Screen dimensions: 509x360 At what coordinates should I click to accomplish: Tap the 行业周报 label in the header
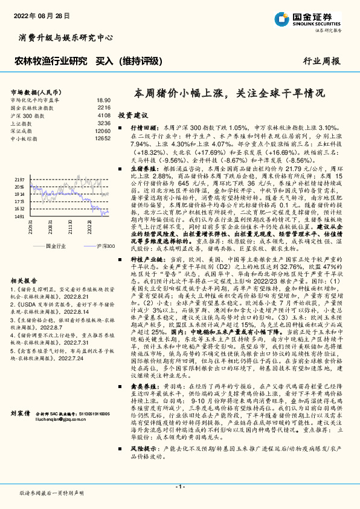coord(321,61)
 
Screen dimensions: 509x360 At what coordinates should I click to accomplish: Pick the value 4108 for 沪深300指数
coord(104,115)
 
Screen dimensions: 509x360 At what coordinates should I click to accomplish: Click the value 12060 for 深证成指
coord(103,131)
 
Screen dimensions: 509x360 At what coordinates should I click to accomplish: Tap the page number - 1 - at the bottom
coord(180,486)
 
